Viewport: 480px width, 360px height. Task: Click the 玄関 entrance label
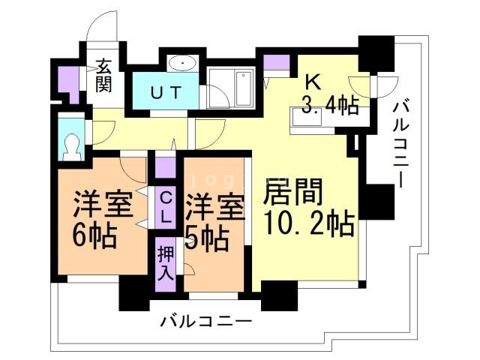pyautogui.click(x=103, y=76)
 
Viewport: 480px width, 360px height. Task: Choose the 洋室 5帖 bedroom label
pyautogui.click(x=215, y=223)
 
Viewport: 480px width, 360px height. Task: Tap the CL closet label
pyautogui.click(x=166, y=208)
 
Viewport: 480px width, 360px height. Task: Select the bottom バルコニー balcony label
pyautogui.click(x=205, y=322)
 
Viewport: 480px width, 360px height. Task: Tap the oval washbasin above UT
pyautogui.click(x=183, y=63)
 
